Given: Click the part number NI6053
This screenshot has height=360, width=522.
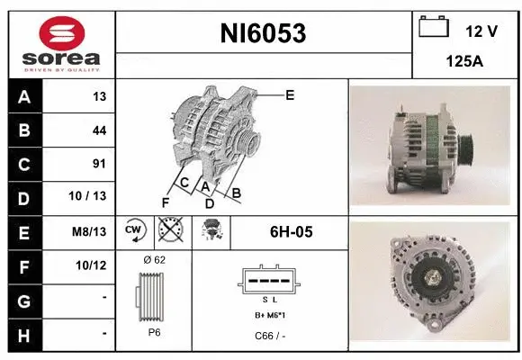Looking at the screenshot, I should [264, 34].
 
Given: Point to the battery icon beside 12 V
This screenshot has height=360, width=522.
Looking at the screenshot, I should [435, 27].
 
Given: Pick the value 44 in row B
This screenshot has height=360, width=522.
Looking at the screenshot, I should [99, 130].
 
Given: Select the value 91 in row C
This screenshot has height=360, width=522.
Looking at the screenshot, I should [99, 164].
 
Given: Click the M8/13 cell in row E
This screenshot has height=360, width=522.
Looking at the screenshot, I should [90, 231].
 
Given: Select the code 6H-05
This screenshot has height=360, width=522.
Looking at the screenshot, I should [291, 232].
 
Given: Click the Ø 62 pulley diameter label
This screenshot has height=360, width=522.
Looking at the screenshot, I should [154, 259].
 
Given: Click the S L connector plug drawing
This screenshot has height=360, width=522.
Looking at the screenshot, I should [269, 280].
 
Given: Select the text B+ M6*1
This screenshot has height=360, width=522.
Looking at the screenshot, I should [269, 316].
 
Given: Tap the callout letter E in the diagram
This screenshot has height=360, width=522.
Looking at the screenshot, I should [290, 94].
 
